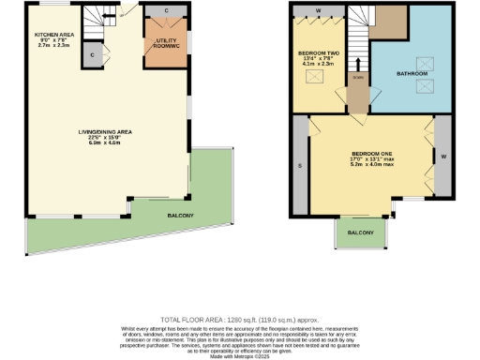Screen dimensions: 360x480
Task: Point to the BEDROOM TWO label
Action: point(315,53)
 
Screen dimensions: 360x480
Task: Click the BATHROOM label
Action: point(412,72)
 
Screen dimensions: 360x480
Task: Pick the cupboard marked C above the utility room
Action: point(166,11)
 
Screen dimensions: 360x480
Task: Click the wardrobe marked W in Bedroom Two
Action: point(318,11)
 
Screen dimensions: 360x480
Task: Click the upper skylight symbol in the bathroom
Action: point(423,63)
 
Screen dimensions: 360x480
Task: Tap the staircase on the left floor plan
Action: point(94,16)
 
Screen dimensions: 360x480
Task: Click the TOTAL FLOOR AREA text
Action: point(239,321)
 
